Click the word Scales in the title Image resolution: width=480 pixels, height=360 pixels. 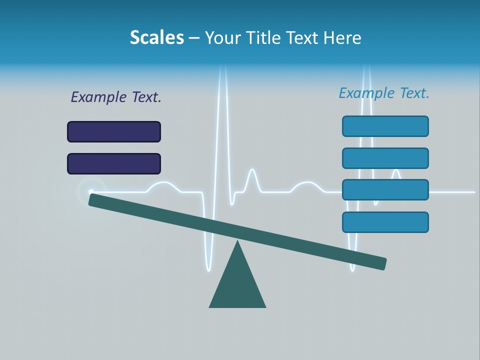156,37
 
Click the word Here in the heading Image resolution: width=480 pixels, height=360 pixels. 342,37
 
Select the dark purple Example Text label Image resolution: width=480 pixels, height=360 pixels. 116,97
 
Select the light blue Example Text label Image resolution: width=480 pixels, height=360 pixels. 384,93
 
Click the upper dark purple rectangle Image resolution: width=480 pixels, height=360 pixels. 114,131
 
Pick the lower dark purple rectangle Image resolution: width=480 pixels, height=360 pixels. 114,163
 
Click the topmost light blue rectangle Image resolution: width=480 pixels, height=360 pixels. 385,126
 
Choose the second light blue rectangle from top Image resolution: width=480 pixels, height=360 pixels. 385,158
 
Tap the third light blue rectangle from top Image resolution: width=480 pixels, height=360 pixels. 385,189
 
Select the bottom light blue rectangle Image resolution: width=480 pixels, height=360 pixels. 385,222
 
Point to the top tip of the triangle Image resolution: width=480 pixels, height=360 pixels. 237,241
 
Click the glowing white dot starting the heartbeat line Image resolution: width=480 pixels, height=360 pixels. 91,191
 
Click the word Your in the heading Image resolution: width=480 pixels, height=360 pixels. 222,37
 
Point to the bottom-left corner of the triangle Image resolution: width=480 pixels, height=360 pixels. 210,306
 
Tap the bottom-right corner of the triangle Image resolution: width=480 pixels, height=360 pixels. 265,306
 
